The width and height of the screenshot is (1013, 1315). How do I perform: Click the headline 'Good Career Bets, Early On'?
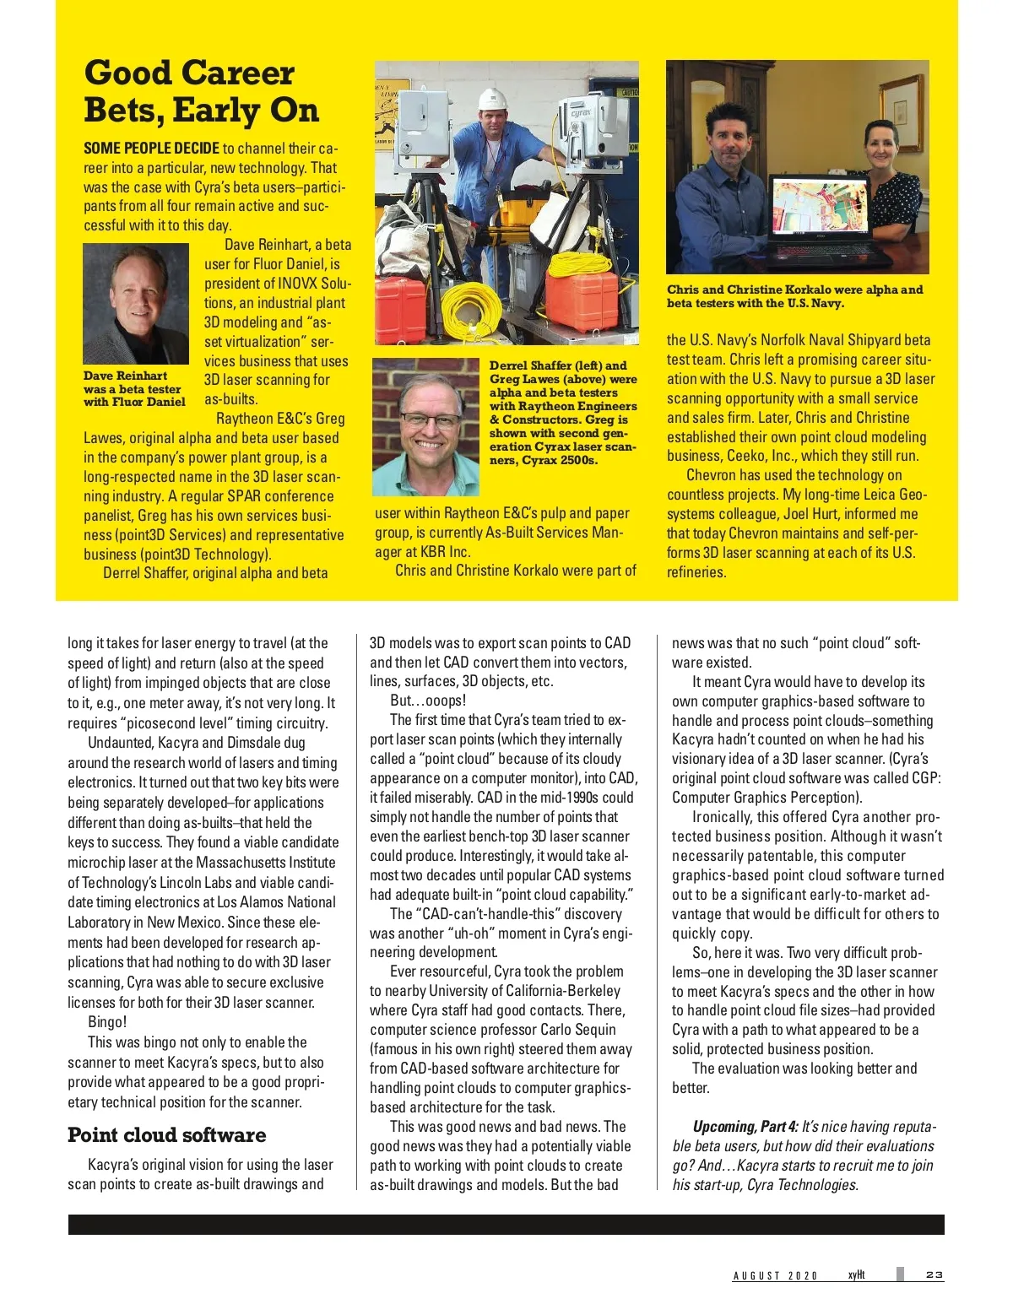[x=201, y=91]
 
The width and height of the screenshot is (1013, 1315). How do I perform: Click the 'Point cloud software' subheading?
[x=166, y=1134]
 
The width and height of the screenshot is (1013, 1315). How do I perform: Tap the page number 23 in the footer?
[x=934, y=1274]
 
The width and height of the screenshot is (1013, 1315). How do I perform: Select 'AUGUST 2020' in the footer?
[x=775, y=1275]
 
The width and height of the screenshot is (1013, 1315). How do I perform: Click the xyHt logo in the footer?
[x=856, y=1274]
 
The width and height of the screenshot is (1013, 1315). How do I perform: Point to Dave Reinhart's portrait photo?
[x=136, y=304]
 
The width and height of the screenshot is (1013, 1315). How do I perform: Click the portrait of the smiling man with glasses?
[x=425, y=426]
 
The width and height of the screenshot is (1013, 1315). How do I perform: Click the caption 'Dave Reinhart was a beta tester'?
[x=134, y=389]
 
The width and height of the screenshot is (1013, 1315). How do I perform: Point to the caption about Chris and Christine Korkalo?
[x=794, y=296]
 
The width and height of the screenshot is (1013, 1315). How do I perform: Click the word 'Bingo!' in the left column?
[x=107, y=1022]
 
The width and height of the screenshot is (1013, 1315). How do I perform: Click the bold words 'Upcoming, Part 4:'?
[x=745, y=1127]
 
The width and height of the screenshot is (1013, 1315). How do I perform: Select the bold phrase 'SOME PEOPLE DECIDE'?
[x=151, y=148]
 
